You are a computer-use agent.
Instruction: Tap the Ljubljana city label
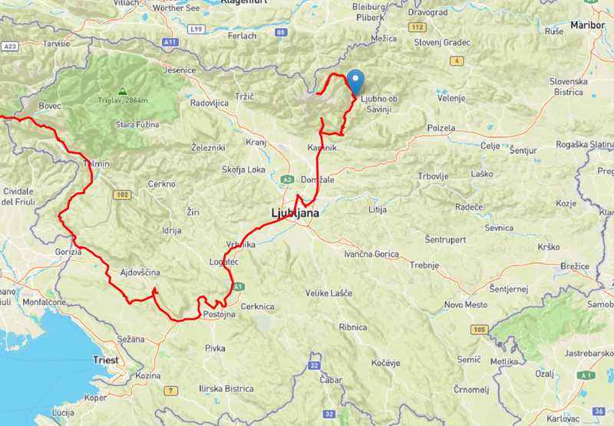click(x=295, y=212)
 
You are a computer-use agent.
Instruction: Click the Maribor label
click(x=587, y=25)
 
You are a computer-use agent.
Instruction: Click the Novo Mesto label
click(x=464, y=305)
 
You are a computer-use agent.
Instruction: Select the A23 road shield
click(x=9, y=46)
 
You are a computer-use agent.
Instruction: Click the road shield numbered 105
click(x=480, y=329)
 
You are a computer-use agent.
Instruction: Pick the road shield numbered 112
click(x=418, y=27)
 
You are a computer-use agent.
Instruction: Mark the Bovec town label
click(x=48, y=105)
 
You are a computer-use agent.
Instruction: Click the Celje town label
click(x=490, y=146)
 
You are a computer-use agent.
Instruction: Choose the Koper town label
click(x=96, y=398)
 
